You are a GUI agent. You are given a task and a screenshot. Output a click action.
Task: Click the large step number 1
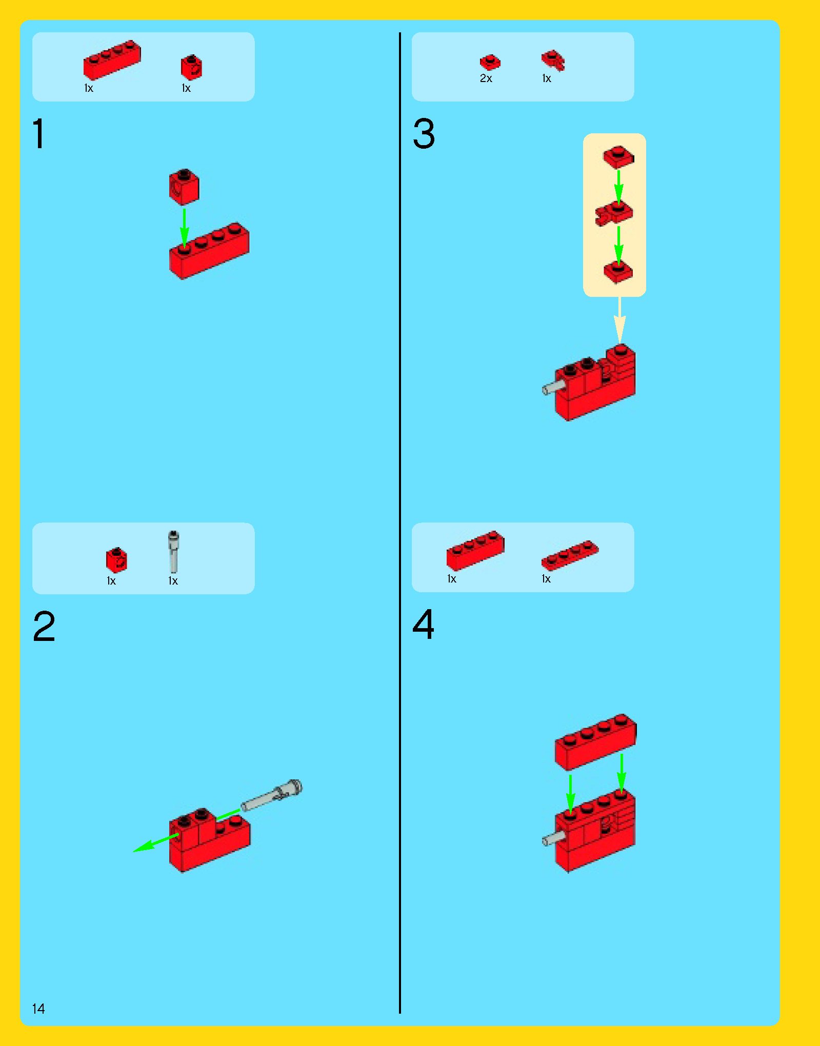click(x=39, y=134)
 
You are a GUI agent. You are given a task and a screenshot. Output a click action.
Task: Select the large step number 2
click(x=44, y=626)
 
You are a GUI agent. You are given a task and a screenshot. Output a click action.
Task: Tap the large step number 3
click(x=424, y=134)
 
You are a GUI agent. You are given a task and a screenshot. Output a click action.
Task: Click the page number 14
click(x=38, y=1009)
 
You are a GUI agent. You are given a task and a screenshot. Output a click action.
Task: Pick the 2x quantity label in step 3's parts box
click(x=486, y=78)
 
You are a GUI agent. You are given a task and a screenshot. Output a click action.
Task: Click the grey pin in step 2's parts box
click(x=174, y=552)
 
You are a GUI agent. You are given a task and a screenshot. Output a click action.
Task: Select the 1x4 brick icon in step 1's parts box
click(x=112, y=59)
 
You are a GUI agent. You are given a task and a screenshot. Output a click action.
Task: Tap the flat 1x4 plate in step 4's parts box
click(x=570, y=555)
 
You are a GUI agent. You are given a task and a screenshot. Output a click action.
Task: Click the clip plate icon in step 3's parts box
click(x=553, y=61)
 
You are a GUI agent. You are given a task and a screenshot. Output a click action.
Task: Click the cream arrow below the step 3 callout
click(x=620, y=320)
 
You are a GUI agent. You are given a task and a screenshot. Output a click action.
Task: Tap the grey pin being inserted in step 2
click(x=272, y=795)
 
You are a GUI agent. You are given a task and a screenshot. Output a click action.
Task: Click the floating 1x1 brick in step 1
click(x=184, y=187)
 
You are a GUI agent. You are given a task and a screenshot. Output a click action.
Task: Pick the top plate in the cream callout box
click(x=618, y=157)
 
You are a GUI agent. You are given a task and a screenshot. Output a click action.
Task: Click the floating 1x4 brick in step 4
click(x=596, y=741)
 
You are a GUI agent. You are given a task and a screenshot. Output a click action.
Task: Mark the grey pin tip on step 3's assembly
click(x=545, y=391)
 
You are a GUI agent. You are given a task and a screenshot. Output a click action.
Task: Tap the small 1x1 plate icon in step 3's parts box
click(x=490, y=62)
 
